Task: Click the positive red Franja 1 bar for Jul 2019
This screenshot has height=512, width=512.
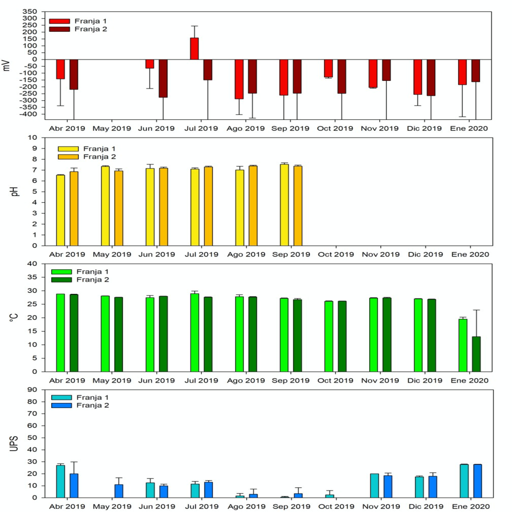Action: (x=195, y=49)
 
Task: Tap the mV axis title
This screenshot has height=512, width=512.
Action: (x=7, y=65)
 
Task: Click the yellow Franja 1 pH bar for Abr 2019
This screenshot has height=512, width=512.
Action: (x=60, y=210)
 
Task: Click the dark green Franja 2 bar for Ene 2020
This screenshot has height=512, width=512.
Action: (x=476, y=354)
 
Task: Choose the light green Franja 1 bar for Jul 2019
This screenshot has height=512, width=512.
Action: (x=195, y=332)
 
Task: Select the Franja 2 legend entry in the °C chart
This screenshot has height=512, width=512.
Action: (x=80, y=280)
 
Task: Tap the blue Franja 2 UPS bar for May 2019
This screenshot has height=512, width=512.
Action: (x=119, y=491)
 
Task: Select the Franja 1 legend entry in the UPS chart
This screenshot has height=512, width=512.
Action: (x=80, y=397)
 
